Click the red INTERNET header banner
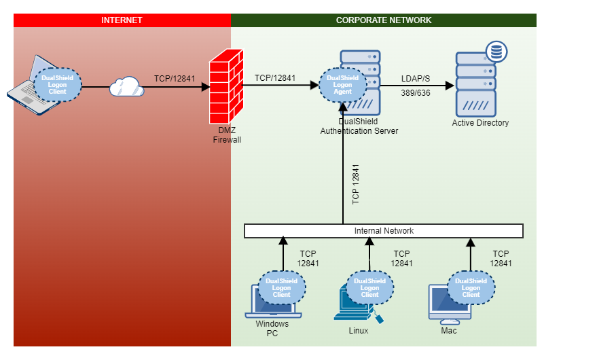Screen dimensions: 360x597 (122, 20)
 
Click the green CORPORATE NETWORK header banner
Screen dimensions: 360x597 (384, 20)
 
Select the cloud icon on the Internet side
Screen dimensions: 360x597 (126, 86)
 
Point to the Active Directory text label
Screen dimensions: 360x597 (480, 123)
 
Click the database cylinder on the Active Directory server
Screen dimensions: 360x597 (497, 52)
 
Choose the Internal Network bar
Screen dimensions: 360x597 (384, 231)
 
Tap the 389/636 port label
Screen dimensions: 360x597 (416, 94)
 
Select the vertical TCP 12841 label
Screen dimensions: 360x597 (356, 183)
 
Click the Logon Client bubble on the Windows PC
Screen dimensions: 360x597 (281, 288)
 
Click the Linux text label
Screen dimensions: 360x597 (358, 331)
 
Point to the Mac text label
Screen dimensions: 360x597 (448, 331)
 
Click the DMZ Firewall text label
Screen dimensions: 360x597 (226, 135)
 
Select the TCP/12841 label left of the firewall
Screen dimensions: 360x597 (175, 79)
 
